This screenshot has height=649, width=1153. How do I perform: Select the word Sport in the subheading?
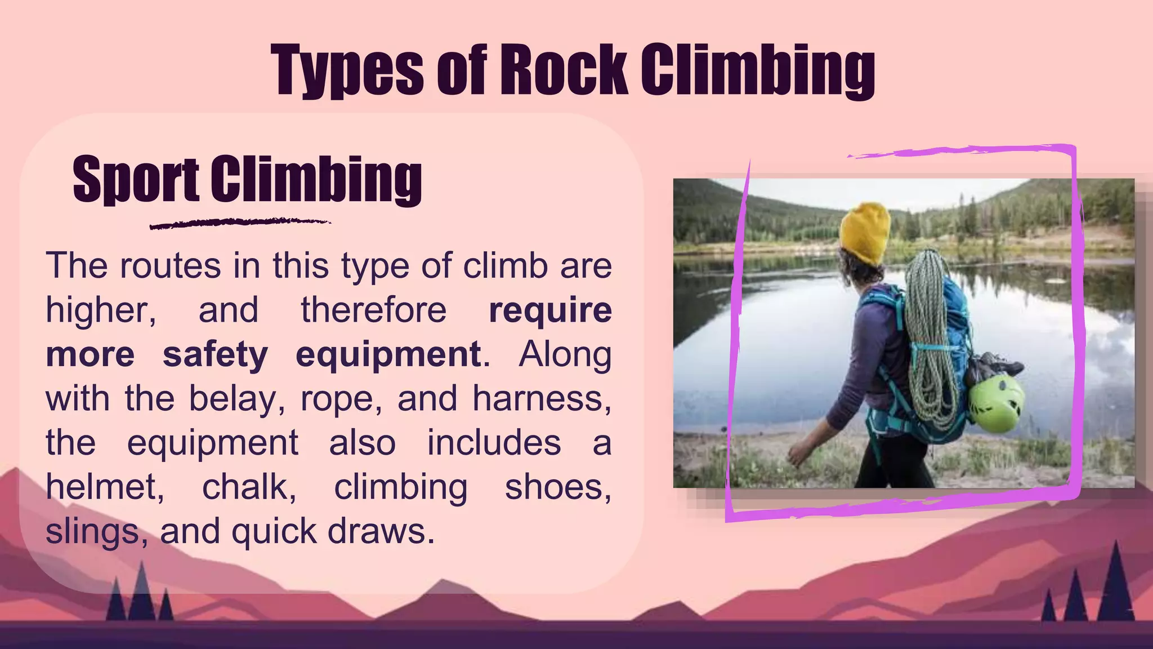pos(136,179)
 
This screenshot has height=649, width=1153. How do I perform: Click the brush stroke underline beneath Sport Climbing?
pos(240,223)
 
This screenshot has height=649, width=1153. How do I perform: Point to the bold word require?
pos(550,310)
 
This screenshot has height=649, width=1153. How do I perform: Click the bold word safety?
pos(215,355)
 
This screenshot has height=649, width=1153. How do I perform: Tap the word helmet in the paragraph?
pos(105,487)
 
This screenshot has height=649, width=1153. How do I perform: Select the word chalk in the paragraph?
pos(249,487)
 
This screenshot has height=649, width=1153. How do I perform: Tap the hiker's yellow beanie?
pos(865,232)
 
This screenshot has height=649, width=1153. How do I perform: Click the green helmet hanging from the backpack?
pos(995,403)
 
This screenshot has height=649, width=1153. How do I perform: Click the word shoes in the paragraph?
pos(557,487)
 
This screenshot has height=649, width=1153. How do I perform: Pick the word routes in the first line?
pos(170,266)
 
